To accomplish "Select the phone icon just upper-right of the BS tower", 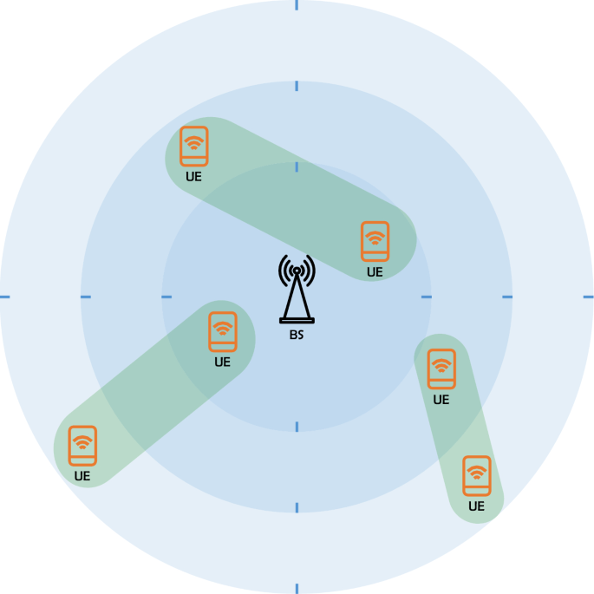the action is tap(375, 241).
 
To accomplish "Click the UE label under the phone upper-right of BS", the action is tap(375, 271).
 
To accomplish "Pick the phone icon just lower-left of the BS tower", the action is tap(223, 331).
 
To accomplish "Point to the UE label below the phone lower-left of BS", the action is tap(223, 362).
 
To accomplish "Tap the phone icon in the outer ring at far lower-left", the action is tap(82, 445).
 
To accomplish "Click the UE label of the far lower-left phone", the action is tap(82, 475).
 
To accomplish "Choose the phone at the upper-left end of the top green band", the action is tap(193, 146).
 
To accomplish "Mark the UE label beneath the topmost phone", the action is tap(193, 176).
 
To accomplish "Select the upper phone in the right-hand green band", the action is tap(441, 369).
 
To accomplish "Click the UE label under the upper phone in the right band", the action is tap(441, 400).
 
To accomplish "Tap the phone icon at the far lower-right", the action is tap(476, 476).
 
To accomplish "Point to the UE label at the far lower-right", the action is tap(476, 506).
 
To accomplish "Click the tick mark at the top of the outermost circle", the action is tap(297, 4).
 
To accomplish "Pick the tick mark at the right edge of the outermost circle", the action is tap(588, 297).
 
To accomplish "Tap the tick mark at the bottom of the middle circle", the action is tap(297, 507).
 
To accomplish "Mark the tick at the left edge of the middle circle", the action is tap(86, 297).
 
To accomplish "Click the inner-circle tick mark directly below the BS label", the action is tap(297, 426).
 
